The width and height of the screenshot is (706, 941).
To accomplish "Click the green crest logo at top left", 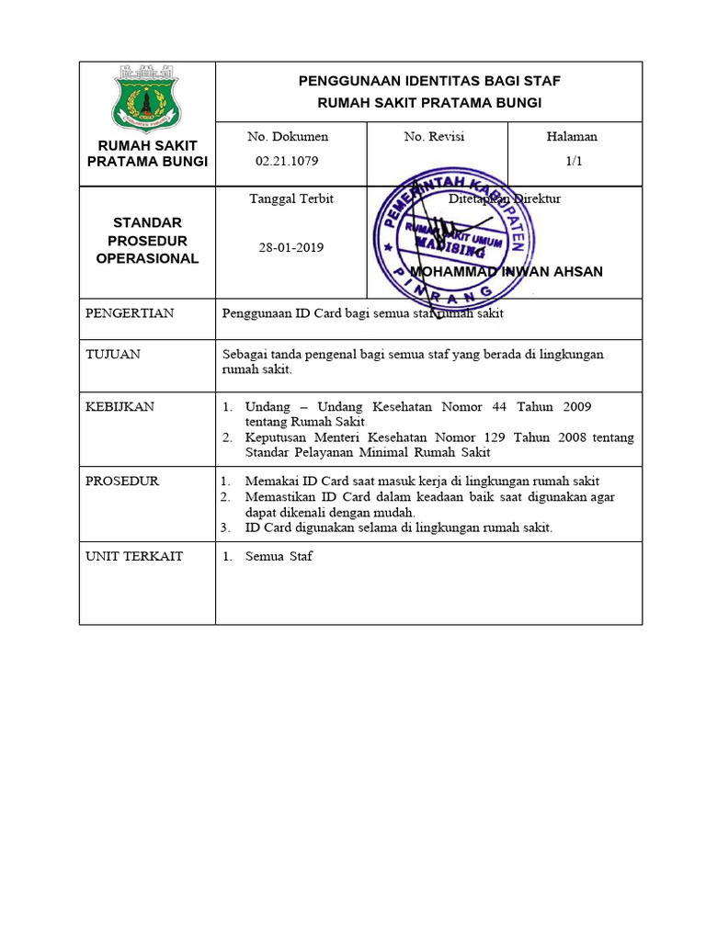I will [147, 97].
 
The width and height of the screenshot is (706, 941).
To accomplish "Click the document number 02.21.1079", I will [287, 161].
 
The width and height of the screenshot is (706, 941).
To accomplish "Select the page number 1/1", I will [574, 161].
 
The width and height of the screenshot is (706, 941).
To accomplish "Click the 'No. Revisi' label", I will [434, 136].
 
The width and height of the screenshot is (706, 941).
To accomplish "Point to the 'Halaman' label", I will [572, 136].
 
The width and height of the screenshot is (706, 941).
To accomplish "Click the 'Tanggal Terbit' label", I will [291, 198].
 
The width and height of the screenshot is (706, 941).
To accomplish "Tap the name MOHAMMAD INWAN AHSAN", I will [506, 272].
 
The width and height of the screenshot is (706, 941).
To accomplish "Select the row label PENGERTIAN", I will [129, 313].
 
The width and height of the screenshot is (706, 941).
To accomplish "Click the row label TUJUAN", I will [113, 354].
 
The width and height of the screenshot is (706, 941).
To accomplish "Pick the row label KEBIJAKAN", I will [120, 406].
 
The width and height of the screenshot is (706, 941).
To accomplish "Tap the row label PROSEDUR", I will [122, 481].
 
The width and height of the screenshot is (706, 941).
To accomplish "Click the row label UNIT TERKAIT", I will [134, 556].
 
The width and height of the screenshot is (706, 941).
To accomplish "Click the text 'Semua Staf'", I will [279, 557].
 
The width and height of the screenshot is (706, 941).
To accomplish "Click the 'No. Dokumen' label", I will [288, 136].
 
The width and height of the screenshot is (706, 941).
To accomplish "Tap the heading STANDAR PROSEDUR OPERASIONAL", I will [147, 241].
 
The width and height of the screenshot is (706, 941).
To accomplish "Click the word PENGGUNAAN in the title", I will [345, 81].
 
